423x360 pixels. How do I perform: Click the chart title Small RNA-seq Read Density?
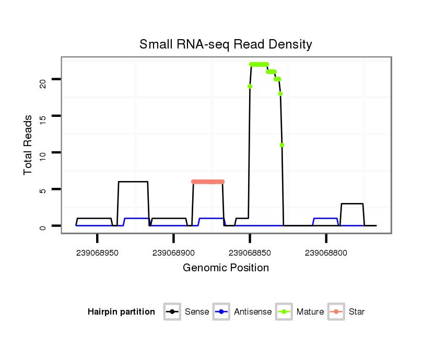click(x=226, y=44)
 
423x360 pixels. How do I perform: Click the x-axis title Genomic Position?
click(x=226, y=268)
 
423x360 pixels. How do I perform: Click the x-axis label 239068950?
click(x=98, y=253)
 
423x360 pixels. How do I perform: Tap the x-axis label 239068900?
click(x=173, y=253)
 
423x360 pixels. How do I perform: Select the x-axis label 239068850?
click(x=250, y=253)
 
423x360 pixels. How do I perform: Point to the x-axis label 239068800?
click(x=326, y=253)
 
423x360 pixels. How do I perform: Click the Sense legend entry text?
click(x=197, y=312)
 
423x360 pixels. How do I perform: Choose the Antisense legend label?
click(x=253, y=312)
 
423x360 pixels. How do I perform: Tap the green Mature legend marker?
click(x=284, y=312)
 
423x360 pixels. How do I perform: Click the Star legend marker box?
click(x=336, y=312)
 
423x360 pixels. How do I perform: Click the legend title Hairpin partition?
click(x=121, y=312)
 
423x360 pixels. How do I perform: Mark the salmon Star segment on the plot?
click(x=208, y=182)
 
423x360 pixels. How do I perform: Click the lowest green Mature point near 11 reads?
click(x=282, y=145)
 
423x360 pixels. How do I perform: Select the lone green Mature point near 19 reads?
click(x=250, y=87)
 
